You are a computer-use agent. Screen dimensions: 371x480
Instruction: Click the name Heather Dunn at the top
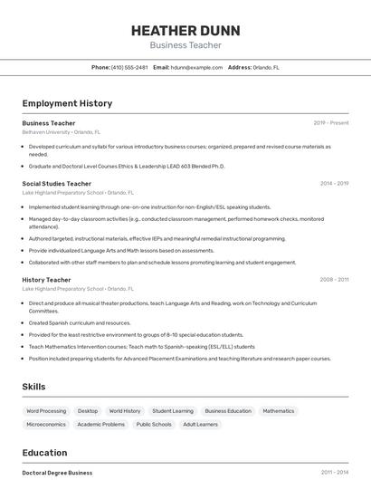click(x=185, y=29)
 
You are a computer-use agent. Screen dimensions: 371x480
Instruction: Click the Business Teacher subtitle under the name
click(x=185, y=45)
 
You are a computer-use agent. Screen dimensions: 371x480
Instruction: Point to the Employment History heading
click(x=67, y=103)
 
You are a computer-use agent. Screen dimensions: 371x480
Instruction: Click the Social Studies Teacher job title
click(x=56, y=184)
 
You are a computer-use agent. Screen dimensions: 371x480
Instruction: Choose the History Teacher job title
click(x=46, y=280)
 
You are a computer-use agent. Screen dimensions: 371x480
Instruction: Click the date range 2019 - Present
click(x=331, y=122)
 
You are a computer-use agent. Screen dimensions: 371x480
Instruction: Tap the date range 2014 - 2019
click(x=334, y=184)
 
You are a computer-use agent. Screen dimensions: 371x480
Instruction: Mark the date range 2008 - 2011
click(x=334, y=280)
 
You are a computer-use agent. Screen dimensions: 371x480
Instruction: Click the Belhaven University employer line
click(x=62, y=131)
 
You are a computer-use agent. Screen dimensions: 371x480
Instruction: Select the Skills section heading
click(x=33, y=387)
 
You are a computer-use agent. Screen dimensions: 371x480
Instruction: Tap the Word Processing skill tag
click(x=46, y=411)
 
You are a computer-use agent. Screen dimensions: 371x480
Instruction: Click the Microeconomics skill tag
click(x=46, y=424)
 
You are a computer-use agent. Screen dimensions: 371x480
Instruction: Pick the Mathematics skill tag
click(x=279, y=411)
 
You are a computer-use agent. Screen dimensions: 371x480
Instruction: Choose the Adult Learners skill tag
click(x=201, y=424)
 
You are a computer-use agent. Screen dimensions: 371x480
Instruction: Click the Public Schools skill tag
click(x=154, y=424)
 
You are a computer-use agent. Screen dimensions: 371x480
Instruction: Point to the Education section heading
click(x=44, y=453)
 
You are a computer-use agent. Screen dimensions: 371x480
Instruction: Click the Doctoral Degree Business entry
click(x=57, y=473)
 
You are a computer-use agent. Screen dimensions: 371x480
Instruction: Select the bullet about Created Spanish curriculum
click(x=80, y=322)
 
